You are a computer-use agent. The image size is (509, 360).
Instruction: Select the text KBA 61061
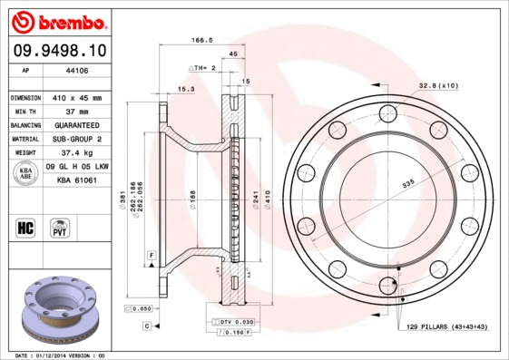click(x=77, y=180)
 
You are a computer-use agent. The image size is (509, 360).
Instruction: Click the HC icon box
click(x=26, y=227)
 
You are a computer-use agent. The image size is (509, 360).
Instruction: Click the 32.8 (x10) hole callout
click(x=438, y=85)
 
